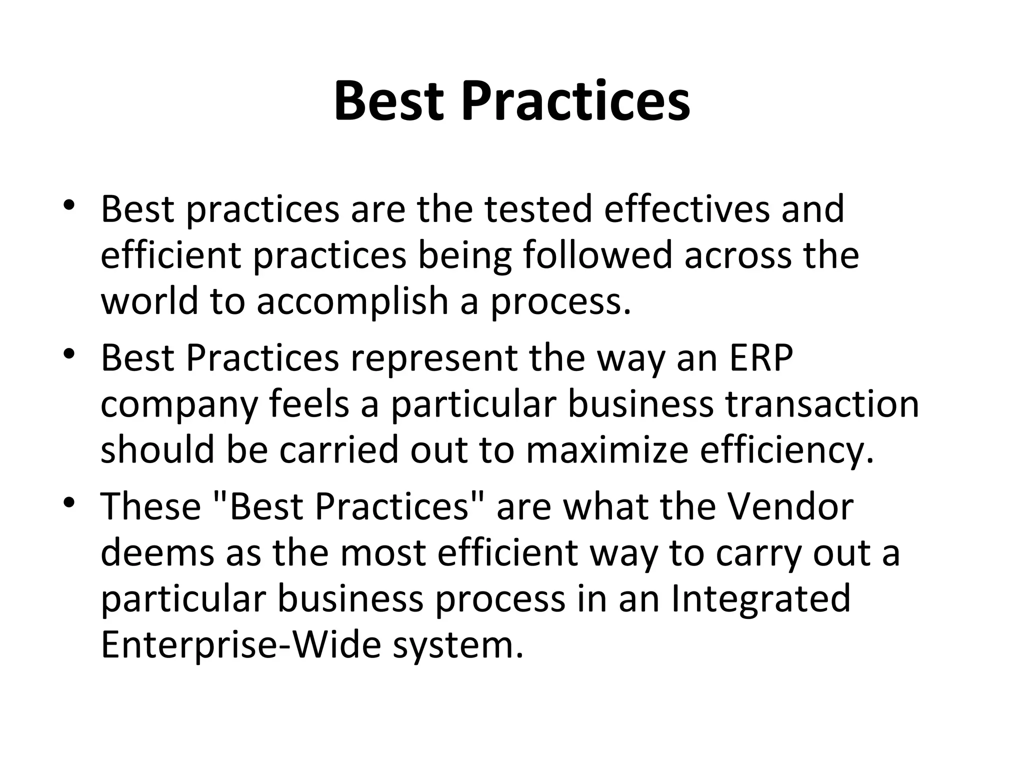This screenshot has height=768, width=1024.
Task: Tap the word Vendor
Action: coord(790,506)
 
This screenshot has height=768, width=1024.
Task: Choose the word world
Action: coord(149,301)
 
